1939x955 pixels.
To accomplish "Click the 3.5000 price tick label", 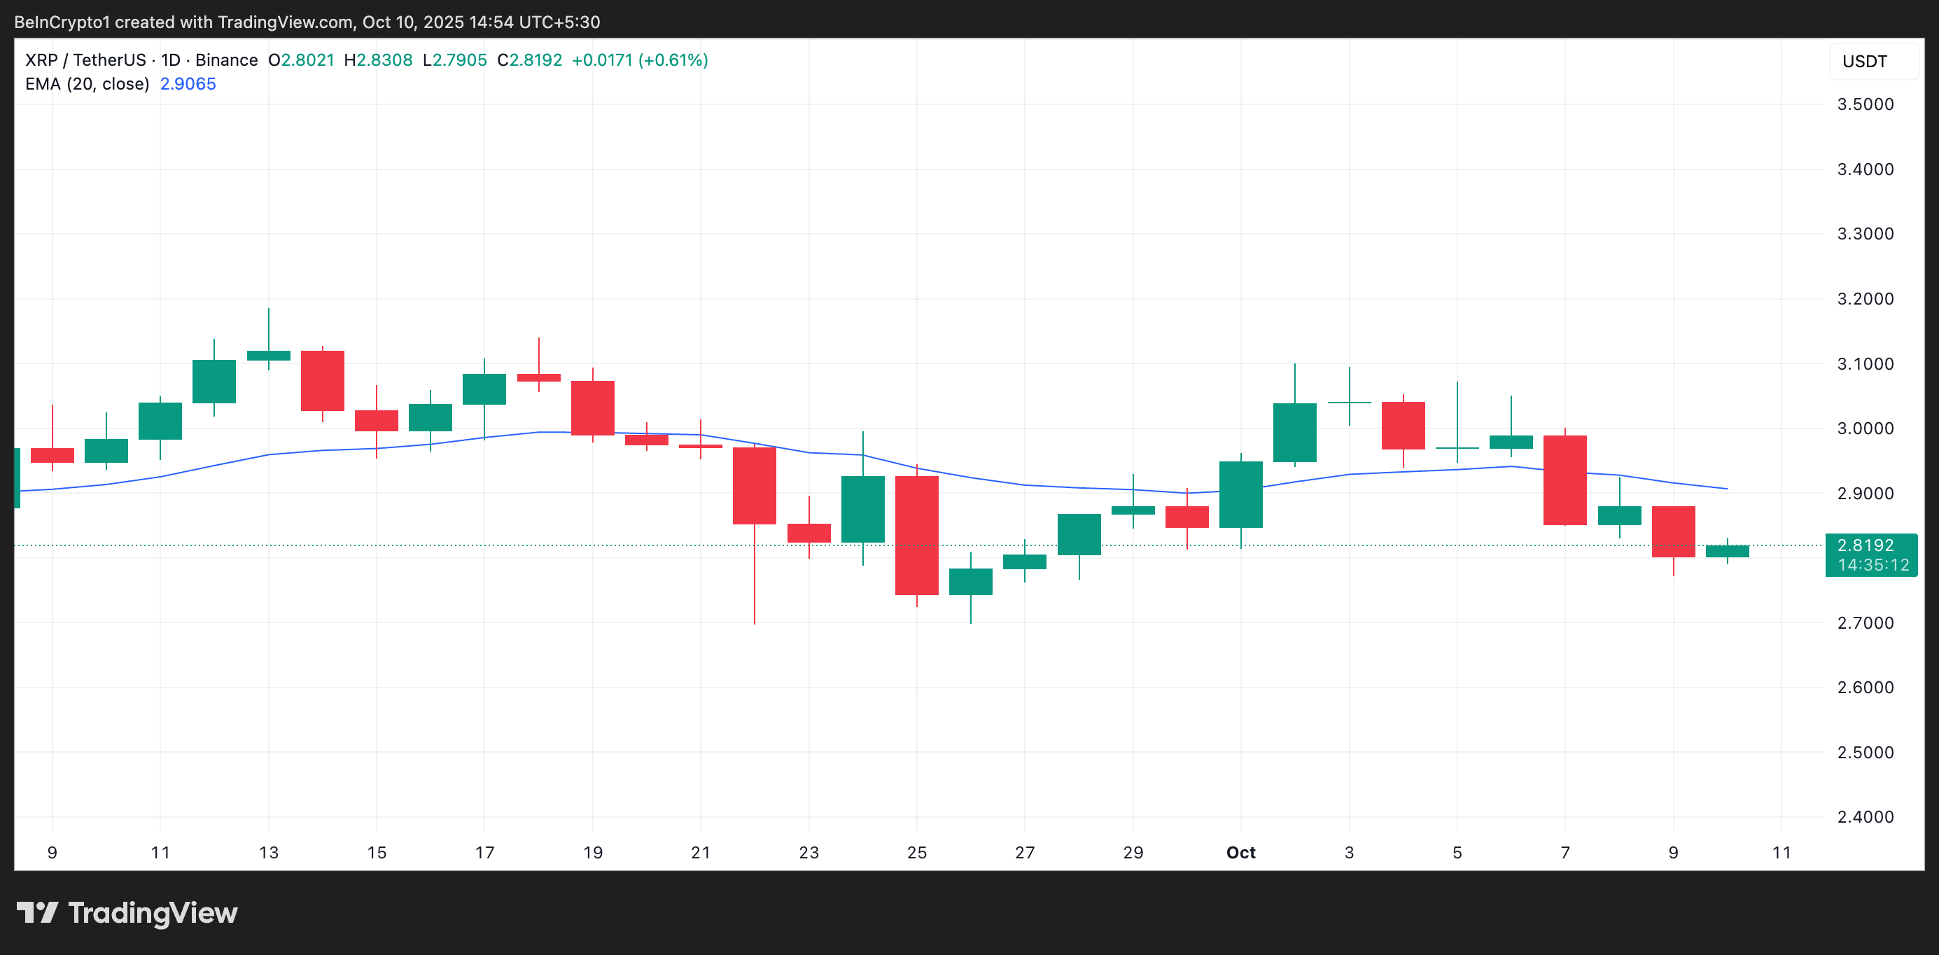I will click(x=1865, y=104).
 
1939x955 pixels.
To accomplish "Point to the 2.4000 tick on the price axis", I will click(x=1865, y=816).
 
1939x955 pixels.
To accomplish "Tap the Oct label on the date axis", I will click(x=1240, y=853).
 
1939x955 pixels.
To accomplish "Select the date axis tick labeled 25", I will click(x=916, y=853).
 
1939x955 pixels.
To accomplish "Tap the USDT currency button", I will click(x=1865, y=62).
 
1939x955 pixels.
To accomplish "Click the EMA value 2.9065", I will click(x=188, y=83).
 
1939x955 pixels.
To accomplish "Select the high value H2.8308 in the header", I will click(x=378, y=60).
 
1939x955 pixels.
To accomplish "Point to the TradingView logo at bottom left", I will click(x=127, y=913).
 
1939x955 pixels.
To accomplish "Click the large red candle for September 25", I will click(x=916, y=535).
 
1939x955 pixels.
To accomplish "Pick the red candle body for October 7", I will click(x=1565, y=480).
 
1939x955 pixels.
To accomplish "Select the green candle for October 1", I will click(x=1240, y=494).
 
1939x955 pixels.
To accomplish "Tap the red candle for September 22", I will click(x=754, y=485).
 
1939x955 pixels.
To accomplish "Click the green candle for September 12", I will click(x=213, y=381).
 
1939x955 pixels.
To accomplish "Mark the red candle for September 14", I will click(x=322, y=380).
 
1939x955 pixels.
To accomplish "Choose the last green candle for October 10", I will click(x=1727, y=551).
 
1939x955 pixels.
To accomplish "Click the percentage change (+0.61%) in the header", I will click(x=673, y=60).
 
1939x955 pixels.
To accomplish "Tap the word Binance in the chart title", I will click(x=226, y=60).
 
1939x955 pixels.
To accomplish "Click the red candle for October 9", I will click(x=1672, y=531).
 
